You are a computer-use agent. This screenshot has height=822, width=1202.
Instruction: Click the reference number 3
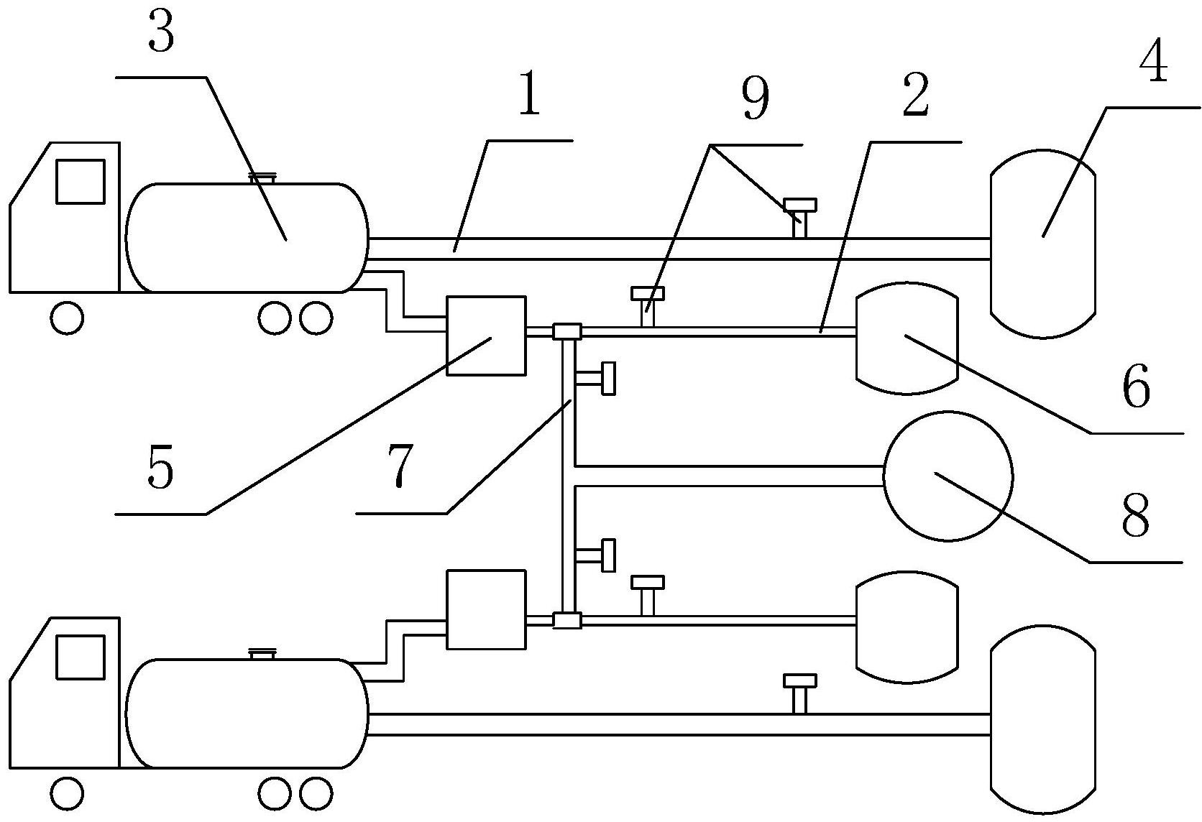pos(161,33)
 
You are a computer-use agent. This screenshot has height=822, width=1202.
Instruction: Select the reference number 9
pos(755,98)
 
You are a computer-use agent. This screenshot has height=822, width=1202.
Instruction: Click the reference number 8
pos(1135,516)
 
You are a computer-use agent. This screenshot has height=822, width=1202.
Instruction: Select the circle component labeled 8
pos(948,476)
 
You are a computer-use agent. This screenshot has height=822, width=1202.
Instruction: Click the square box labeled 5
pos(486,336)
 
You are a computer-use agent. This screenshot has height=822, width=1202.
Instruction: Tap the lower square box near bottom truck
pos(486,609)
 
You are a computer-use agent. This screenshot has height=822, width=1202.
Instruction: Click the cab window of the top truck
pos(81,181)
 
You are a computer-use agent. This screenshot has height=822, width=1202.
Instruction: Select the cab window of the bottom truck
pos(81,657)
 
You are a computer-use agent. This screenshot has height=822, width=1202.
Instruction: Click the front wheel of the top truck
pos(67,318)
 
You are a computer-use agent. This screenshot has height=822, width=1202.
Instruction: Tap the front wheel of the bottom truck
pos(67,793)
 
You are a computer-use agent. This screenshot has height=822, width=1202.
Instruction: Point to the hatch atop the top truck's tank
pos(263,178)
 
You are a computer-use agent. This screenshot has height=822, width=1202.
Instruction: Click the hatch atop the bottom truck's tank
pos(263,654)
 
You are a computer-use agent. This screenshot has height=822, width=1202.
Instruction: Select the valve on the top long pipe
pos(800,218)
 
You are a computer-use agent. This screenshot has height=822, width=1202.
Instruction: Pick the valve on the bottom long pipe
pos(800,694)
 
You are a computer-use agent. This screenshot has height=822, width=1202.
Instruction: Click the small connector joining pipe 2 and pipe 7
pos(567,331)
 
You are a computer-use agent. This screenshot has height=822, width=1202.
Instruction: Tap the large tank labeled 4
pos(1042,244)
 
